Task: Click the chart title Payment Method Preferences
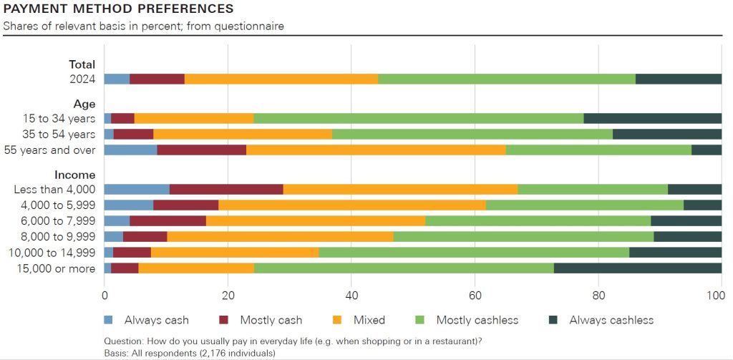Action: point(118,9)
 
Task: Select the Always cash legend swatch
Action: point(109,320)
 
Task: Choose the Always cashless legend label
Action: point(611,320)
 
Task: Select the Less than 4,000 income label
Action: point(54,189)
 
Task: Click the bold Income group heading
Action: point(75,174)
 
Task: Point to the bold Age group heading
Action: point(85,103)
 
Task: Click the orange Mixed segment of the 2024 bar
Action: point(281,79)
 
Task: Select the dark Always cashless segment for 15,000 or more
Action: point(637,268)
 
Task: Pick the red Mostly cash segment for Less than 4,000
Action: point(226,189)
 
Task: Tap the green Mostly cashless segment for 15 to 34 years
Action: point(419,118)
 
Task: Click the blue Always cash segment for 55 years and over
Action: point(130,150)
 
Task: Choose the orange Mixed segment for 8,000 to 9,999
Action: point(280,236)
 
